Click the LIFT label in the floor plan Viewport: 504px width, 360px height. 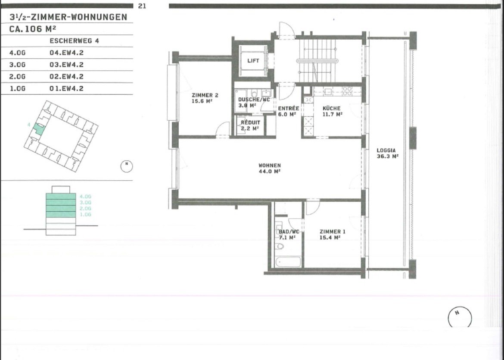point(253,60)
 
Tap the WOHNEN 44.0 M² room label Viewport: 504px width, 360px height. point(270,169)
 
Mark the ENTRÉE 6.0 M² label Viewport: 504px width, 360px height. point(288,111)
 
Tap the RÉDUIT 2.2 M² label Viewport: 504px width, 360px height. point(250,125)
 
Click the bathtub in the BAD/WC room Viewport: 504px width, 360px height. point(288,262)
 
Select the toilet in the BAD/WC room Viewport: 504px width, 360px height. point(280,246)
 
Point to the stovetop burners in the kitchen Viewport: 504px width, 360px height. point(347,91)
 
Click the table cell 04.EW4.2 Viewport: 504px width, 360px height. point(66,53)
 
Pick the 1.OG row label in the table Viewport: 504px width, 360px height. point(18,88)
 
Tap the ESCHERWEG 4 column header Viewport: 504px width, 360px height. point(74,41)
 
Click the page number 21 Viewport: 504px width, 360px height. point(142,6)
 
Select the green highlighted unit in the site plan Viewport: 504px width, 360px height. point(39,128)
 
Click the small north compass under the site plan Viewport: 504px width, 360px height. point(127,166)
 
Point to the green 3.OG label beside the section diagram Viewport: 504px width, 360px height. point(85,202)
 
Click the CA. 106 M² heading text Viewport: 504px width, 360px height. point(33,28)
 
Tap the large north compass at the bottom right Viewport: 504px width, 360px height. point(460,317)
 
